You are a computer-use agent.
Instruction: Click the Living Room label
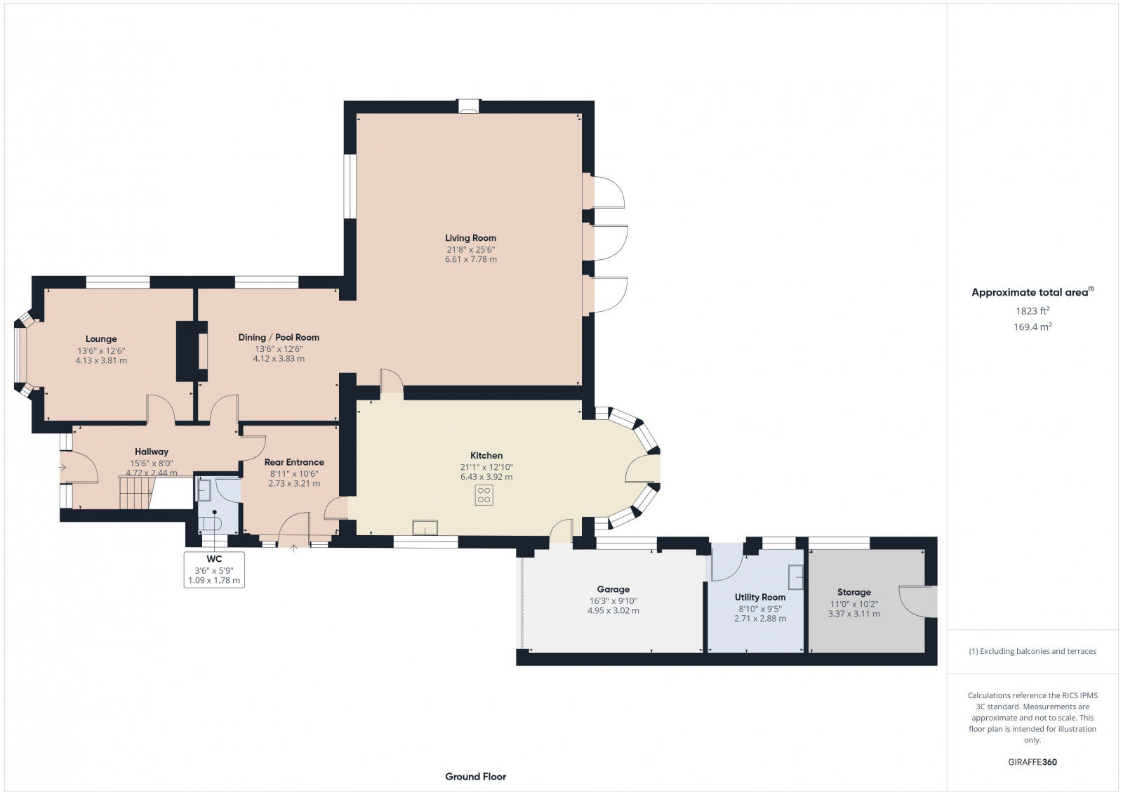(x=470, y=238)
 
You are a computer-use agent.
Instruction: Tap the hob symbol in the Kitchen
(x=484, y=495)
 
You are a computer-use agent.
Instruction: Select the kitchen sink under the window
(x=425, y=527)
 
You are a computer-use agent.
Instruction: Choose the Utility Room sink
(x=796, y=577)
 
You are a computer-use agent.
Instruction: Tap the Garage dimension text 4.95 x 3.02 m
(x=613, y=611)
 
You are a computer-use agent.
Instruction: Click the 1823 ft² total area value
(x=1032, y=310)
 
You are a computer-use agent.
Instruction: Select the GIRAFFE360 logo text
(x=1032, y=762)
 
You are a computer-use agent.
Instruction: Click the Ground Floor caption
(x=475, y=777)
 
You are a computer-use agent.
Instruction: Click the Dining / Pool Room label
(x=279, y=337)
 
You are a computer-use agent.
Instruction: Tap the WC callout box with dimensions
(x=214, y=570)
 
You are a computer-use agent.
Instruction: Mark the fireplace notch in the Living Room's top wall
(x=468, y=107)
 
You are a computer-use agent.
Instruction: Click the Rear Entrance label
(x=294, y=462)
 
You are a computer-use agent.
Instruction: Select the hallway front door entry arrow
(x=64, y=466)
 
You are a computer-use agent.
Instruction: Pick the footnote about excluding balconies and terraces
(x=1032, y=651)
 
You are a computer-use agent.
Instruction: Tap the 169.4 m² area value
(x=1032, y=327)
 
